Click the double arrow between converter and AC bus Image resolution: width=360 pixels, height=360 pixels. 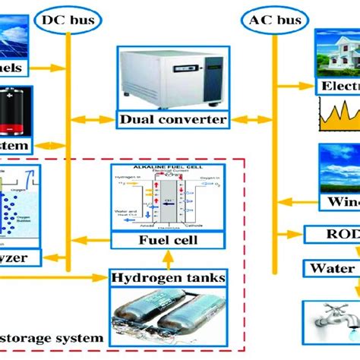pyautogui.click(x=243, y=118)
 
